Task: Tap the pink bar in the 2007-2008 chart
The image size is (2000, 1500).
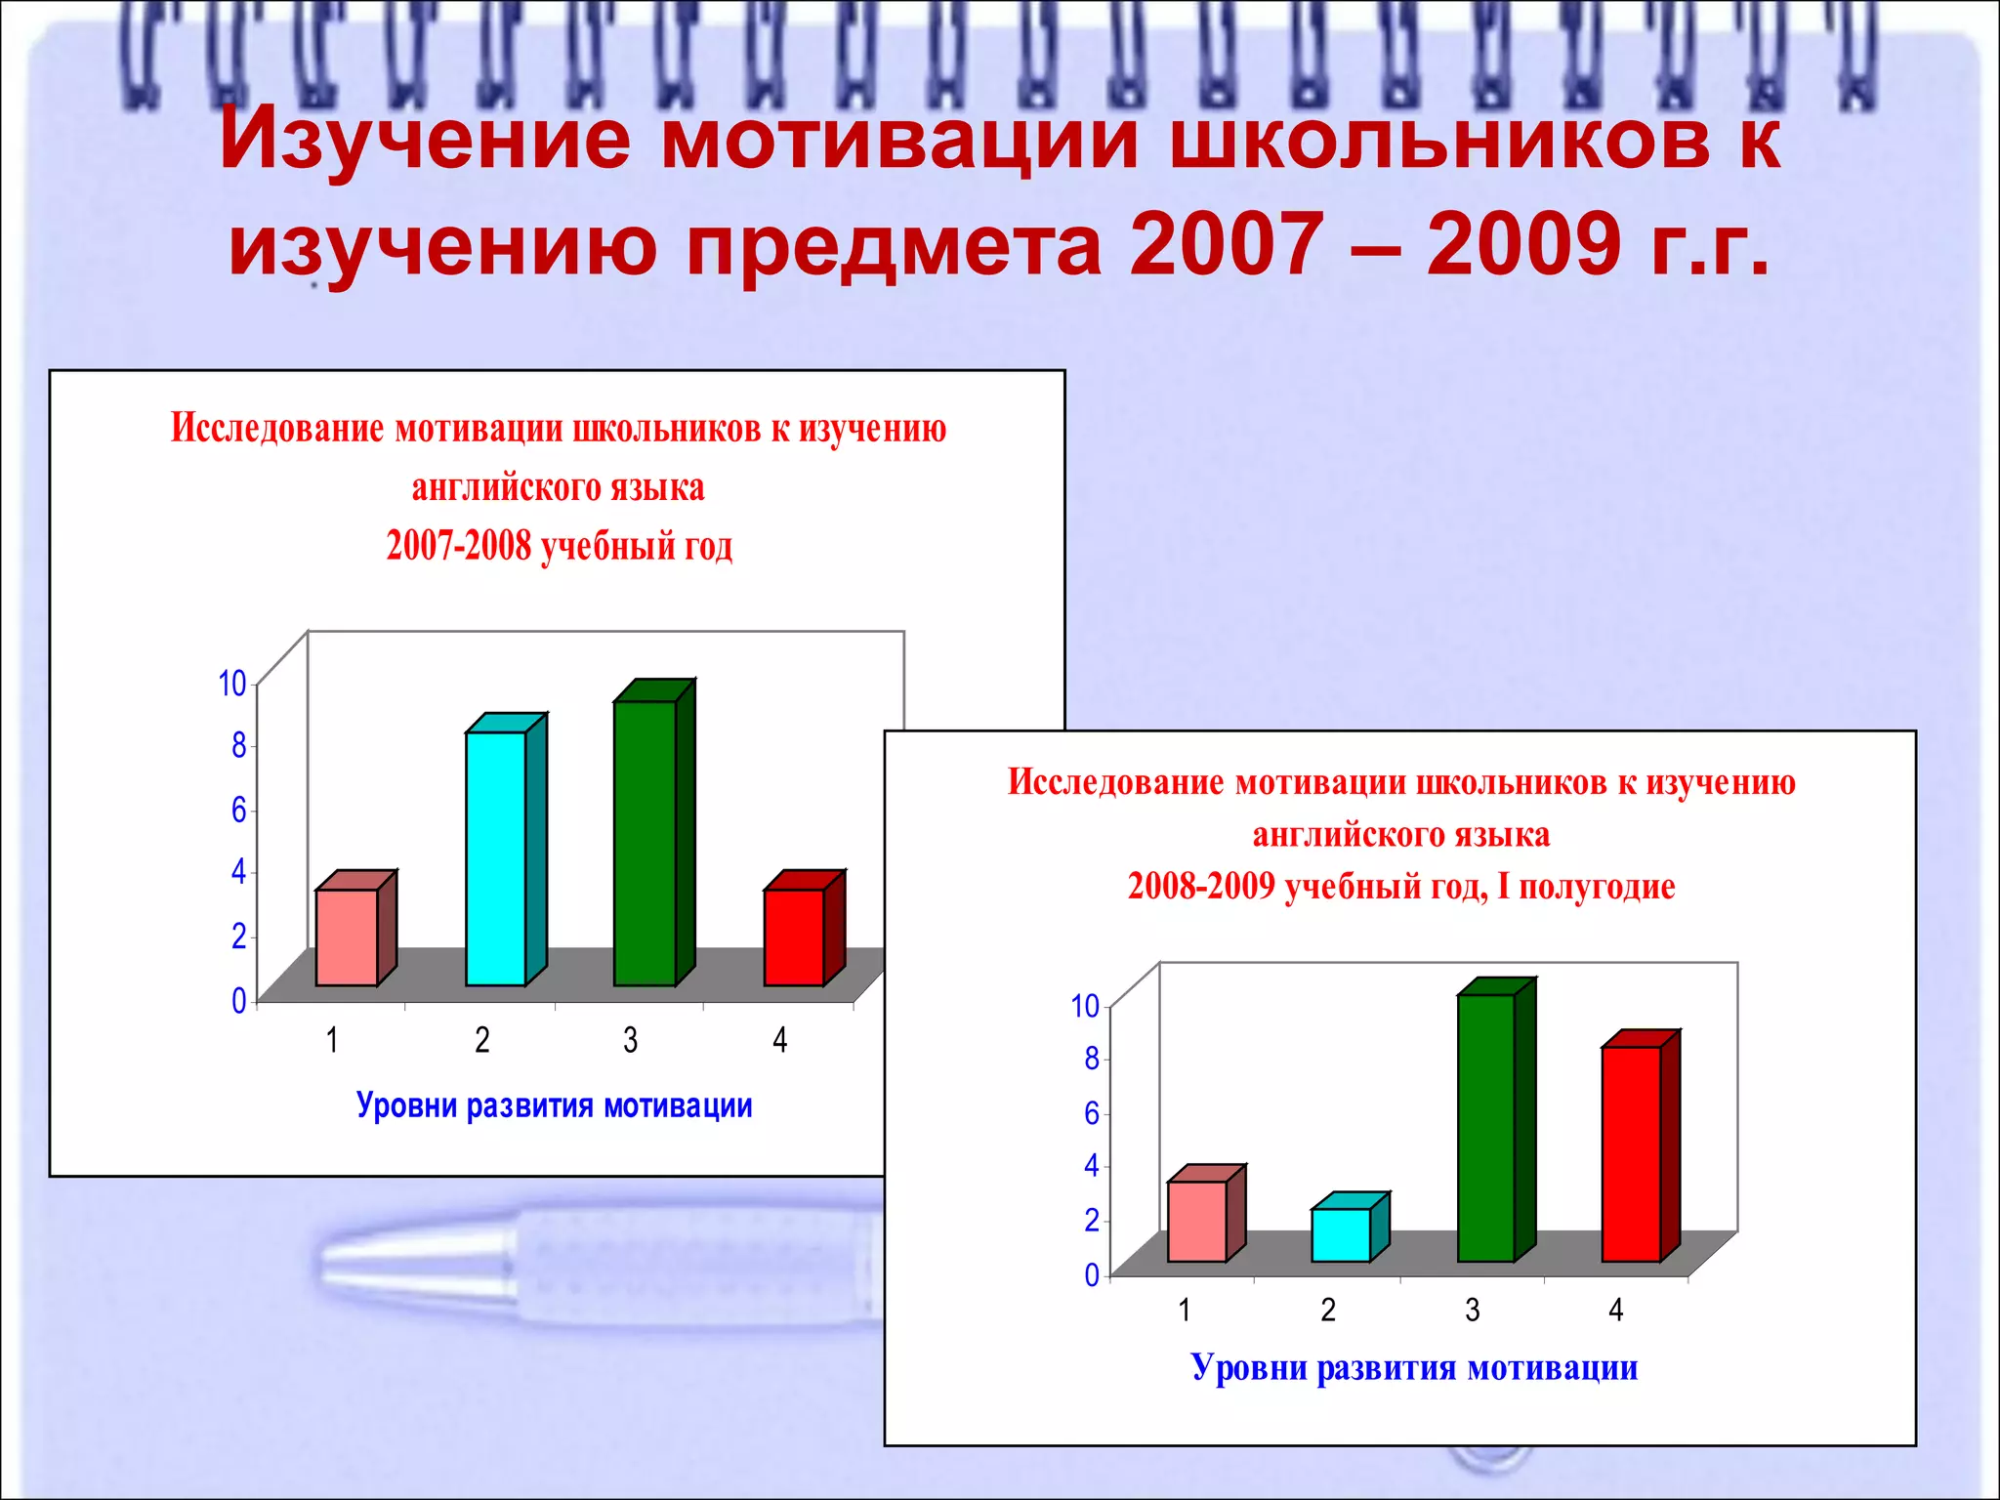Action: click(x=347, y=937)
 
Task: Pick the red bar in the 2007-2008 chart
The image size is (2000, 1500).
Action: click(x=794, y=937)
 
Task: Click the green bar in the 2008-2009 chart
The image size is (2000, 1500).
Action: click(x=1485, y=1127)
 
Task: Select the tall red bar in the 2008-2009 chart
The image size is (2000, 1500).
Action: click(x=1631, y=1153)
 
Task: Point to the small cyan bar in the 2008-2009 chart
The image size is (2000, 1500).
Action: click(x=1341, y=1234)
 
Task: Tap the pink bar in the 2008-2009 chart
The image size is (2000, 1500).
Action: click(x=1197, y=1221)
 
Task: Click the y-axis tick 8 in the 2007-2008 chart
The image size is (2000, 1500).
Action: click(x=239, y=746)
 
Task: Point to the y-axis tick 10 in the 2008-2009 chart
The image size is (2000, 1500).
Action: click(x=1085, y=1006)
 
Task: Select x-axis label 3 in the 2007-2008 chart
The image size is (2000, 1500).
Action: click(x=631, y=1040)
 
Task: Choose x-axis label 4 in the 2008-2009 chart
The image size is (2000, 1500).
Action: click(x=1616, y=1310)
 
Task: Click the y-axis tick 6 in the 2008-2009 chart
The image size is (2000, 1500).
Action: click(x=1092, y=1113)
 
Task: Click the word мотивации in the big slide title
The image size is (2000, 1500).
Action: click(x=899, y=140)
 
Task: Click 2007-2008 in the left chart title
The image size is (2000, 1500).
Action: click(x=459, y=546)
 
